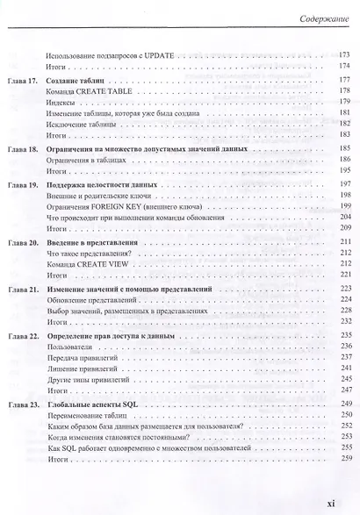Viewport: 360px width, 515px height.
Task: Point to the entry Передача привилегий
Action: (x=81, y=358)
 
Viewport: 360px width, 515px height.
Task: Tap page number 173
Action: (x=344, y=54)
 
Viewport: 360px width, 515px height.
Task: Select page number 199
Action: (x=344, y=205)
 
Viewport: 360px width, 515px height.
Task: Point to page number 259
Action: (x=344, y=459)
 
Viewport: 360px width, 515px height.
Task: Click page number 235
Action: (x=344, y=335)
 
